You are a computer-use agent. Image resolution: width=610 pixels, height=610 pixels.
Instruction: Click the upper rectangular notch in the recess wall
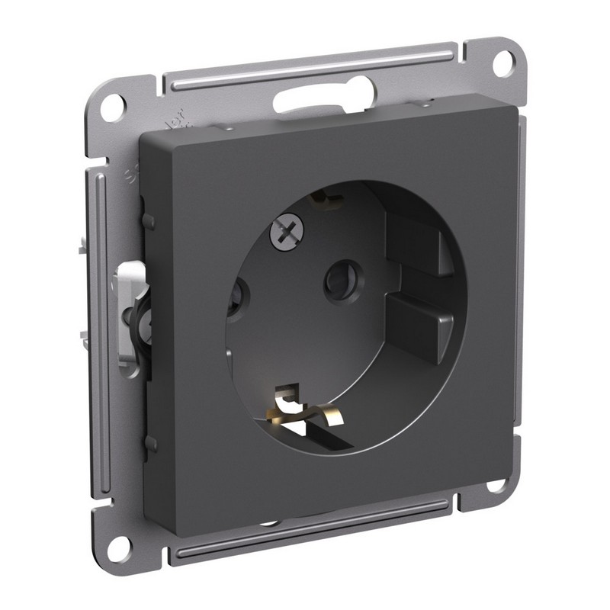point(416,241)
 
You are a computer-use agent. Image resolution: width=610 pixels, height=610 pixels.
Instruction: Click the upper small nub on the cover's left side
point(149,221)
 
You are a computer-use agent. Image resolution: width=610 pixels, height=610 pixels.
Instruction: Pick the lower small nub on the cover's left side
point(150,441)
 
